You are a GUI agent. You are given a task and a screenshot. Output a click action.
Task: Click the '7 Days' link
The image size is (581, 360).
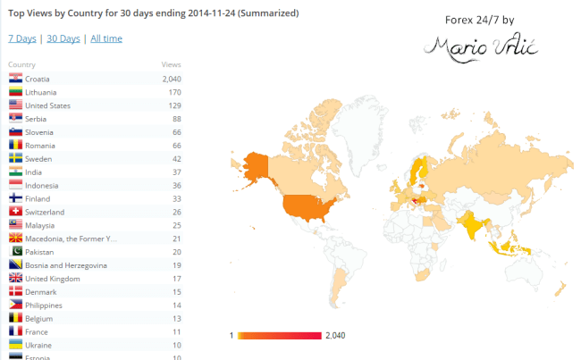pos(21,38)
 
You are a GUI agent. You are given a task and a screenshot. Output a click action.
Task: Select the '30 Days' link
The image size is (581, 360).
pos(63,38)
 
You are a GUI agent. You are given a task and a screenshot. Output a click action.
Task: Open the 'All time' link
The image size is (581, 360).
pos(106,38)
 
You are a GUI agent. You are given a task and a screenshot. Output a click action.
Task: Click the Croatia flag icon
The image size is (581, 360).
pos(15,79)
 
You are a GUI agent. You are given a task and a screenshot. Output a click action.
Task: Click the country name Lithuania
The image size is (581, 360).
pos(43,92)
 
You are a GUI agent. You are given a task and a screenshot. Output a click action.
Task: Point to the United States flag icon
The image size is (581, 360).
pos(15,105)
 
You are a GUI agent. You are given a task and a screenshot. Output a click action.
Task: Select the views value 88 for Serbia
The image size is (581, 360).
pos(175,119)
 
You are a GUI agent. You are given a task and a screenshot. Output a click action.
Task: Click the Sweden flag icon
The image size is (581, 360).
pos(15,158)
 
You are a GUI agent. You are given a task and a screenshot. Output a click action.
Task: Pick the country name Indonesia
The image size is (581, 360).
pos(44,185)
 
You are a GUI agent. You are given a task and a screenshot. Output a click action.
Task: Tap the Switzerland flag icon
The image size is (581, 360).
pos(15,212)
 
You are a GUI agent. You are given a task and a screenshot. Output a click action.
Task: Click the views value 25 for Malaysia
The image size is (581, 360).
pos(175,225)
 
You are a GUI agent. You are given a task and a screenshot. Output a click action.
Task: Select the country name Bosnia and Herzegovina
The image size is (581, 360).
pos(66,265)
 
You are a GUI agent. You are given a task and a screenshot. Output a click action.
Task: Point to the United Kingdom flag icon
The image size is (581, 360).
pos(15,279)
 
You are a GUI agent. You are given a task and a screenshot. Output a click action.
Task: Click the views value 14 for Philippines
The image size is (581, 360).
pos(175,305)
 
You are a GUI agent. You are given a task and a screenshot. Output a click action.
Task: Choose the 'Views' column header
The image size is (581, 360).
pos(171,65)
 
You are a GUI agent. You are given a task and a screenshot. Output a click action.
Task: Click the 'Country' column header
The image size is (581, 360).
pos(21,65)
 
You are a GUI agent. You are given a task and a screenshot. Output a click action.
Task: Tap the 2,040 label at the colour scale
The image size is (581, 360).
pos(335,336)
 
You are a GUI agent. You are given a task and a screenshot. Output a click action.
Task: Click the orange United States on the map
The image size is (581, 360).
pos(309,206)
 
